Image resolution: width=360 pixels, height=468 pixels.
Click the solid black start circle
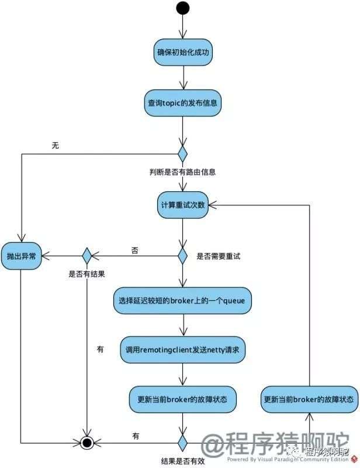pyautogui.click(x=182, y=8)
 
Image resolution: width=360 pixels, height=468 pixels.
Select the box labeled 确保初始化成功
pyautogui.click(x=183, y=52)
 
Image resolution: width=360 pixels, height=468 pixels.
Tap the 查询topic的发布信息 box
pyautogui.click(x=182, y=103)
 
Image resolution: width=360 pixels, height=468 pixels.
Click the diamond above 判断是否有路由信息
pyautogui.click(x=182, y=154)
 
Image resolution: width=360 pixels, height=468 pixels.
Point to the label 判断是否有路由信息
pyautogui.click(x=182, y=172)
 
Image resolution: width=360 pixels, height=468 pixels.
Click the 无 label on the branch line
pyautogui.click(x=56, y=145)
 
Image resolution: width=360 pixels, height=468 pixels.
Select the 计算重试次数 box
pyautogui.click(x=183, y=205)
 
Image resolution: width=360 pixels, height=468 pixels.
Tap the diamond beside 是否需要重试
pyautogui.click(x=182, y=256)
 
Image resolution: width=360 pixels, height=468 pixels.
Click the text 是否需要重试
pyautogui.click(x=219, y=256)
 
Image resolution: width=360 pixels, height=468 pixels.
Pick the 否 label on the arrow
pyautogui.click(x=135, y=250)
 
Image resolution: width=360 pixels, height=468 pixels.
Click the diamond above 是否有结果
pyautogui.click(x=87, y=256)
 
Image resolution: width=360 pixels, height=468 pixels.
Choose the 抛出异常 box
pyautogui.click(x=21, y=256)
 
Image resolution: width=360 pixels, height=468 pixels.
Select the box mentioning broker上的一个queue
pyautogui.click(x=182, y=301)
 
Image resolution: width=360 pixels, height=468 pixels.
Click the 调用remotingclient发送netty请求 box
pyautogui.click(x=182, y=350)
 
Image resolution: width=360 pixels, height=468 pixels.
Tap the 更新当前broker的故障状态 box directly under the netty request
pyautogui.click(x=182, y=400)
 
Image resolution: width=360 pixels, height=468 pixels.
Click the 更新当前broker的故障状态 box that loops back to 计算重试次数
pyautogui.click(x=309, y=400)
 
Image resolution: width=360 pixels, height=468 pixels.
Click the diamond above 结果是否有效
pyautogui.click(x=182, y=443)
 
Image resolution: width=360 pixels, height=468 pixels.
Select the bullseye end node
pyautogui.click(x=87, y=443)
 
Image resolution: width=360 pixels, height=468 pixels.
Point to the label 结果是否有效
pyautogui.click(x=183, y=461)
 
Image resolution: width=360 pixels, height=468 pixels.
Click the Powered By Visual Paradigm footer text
pyautogui.click(x=288, y=460)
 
